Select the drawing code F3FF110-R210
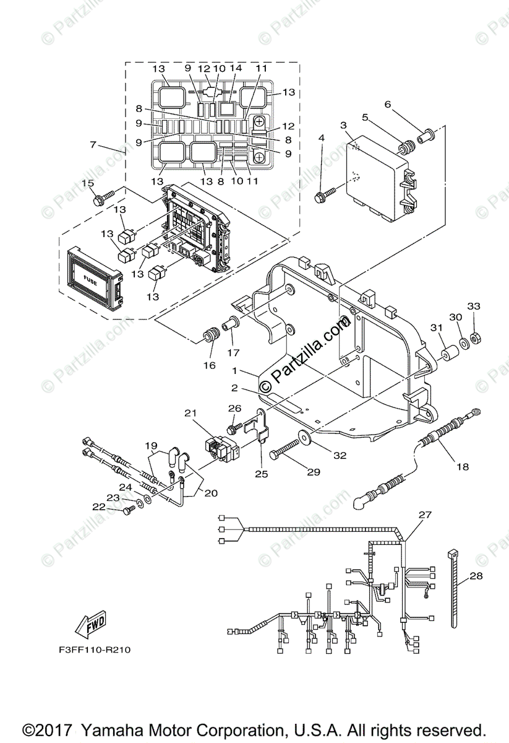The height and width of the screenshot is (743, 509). click(95, 650)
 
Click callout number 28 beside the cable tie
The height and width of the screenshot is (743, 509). click(476, 576)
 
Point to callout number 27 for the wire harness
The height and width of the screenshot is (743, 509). click(425, 515)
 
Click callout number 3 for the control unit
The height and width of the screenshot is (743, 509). click(343, 126)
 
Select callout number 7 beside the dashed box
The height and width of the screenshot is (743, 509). click(93, 144)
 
